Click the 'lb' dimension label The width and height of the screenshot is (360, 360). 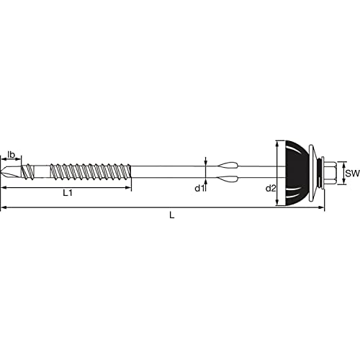coord(12,154)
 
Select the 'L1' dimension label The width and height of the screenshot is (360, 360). coord(67,192)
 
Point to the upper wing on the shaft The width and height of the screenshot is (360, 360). coord(225,164)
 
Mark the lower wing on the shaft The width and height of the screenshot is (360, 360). coord(225,181)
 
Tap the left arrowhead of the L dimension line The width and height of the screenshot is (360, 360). coord(4,208)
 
